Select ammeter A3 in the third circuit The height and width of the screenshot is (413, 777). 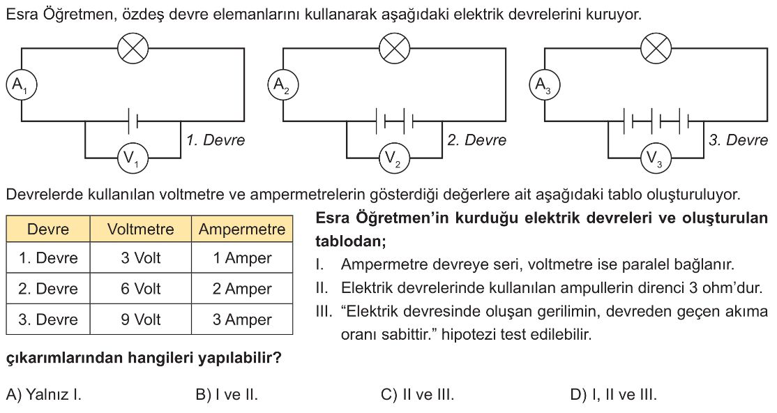(x=545, y=85)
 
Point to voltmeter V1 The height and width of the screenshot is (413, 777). (x=133, y=158)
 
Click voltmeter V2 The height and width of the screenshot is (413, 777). (x=394, y=158)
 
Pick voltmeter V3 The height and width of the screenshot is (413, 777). (x=656, y=158)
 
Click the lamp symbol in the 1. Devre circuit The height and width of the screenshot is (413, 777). (x=133, y=49)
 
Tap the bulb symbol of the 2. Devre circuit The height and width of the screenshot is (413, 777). (x=395, y=49)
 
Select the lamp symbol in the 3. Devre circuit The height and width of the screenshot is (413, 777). (x=656, y=49)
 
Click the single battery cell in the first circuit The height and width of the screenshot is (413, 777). (x=133, y=121)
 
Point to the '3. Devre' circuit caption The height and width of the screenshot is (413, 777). (x=738, y=140)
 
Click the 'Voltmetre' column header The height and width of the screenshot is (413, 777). (x=141, y=229)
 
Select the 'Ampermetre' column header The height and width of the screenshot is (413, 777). (x=242, y=229)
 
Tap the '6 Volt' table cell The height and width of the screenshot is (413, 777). (x=141, y=289)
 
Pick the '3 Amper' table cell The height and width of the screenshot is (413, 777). (x=242, y=320)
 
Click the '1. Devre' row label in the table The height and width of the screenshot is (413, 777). (x=48, y=258)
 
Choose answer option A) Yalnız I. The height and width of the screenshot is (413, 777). (x=44, y=395)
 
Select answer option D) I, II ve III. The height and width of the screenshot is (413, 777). (x=614, y=395)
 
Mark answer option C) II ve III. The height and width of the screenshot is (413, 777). (x=417, y=395)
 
